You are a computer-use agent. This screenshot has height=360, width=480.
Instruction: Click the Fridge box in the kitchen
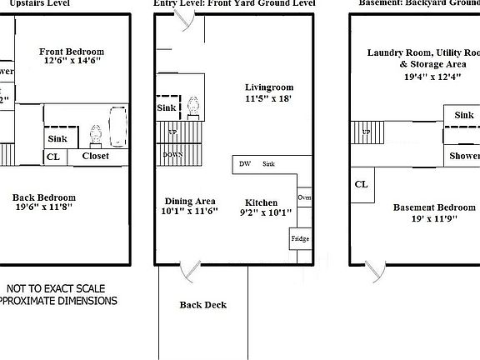300,239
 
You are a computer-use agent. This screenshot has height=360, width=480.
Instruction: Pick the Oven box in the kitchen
304,197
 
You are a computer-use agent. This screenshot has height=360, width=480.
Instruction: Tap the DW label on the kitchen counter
245,164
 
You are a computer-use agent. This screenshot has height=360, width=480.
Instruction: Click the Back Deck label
203,304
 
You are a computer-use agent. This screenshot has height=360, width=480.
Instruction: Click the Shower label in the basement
464,156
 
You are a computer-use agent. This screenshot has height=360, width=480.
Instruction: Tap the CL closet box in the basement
361,185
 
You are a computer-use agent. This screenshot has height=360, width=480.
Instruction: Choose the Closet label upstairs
95,156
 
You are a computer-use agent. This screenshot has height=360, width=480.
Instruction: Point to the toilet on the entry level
193,106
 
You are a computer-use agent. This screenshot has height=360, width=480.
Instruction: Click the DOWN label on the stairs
173,155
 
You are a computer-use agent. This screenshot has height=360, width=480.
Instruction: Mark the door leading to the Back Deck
193,268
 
